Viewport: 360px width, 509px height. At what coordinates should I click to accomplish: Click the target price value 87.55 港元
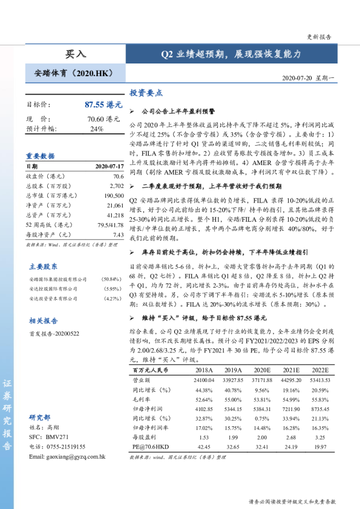102,105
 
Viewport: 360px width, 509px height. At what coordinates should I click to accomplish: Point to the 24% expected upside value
96,129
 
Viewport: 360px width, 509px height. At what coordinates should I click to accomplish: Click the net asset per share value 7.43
118,235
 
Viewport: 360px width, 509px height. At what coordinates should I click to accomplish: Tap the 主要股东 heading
44,267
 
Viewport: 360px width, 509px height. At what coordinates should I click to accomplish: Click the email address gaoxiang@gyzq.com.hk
67,456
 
